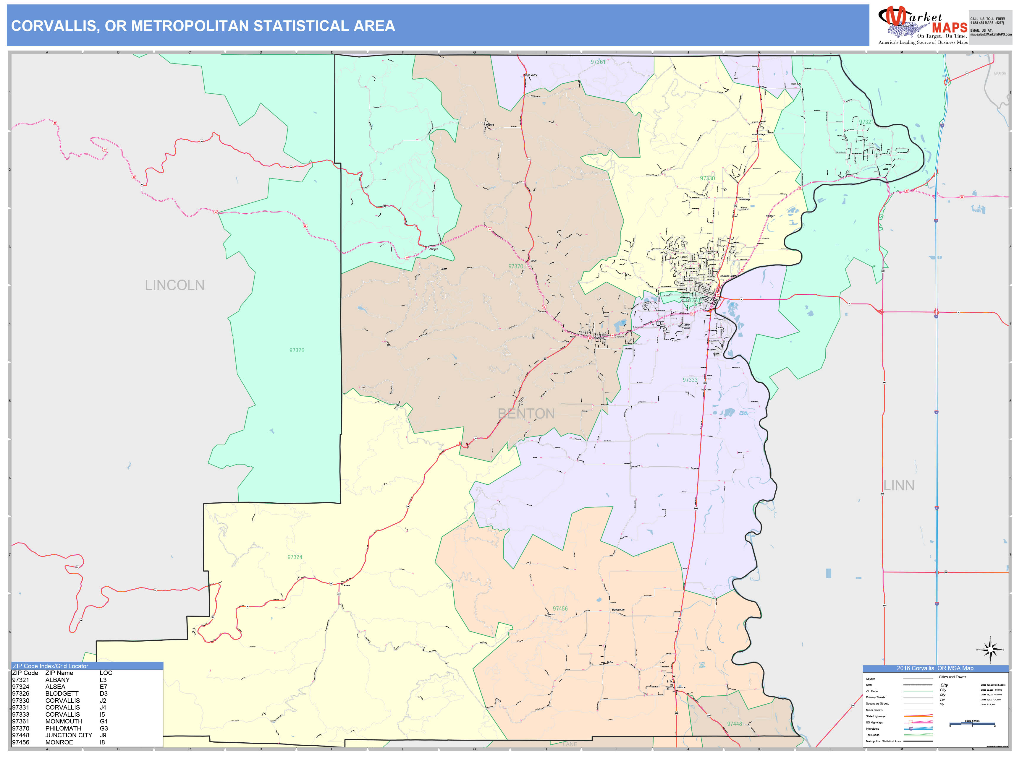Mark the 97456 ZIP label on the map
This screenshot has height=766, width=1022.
pos(560,608)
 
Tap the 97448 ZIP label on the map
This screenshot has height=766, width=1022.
pos(734,723)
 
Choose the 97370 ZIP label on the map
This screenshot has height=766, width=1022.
pos(516,266)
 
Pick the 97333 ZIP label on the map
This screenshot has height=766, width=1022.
pos(690,380)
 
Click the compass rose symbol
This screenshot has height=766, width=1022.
pos(990,650)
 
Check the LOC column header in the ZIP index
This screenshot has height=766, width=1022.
pos(106,673)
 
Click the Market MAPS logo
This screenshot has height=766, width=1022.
pos(922,26)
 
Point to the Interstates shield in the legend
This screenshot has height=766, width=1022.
pos(911,728)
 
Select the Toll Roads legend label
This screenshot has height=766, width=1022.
pos(872,735)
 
